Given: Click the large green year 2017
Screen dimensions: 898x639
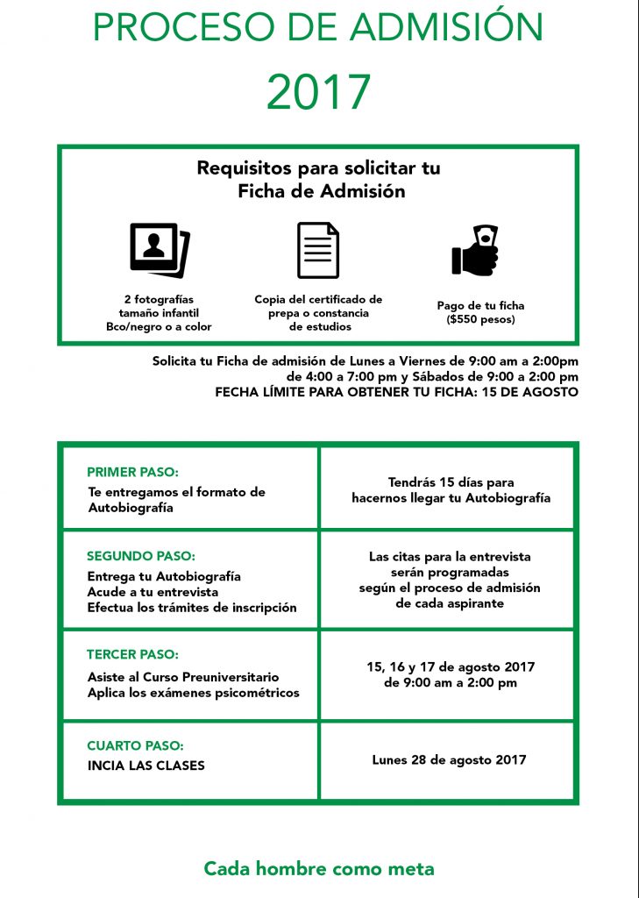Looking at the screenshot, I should pyautogui.click(x=318, y=91).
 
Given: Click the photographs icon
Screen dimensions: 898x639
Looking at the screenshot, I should pyautogui.click(x=159, y=249).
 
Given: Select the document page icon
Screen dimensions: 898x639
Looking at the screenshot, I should pyautogui.click(x=317, y=250).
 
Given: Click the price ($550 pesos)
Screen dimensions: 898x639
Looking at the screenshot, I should pyautogui.click(x=480, y=319).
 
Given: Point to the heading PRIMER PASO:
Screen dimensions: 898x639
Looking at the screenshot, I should pyautogui.click(x=133, y=472).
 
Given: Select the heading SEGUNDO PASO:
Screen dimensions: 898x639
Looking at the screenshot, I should pyautogui.click(x=140, y=556).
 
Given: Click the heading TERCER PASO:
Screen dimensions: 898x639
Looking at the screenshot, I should pyautogui.click(x=132, y=654).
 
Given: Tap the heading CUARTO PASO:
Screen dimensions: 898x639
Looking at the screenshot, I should pyautogui.click(x=135, y=745).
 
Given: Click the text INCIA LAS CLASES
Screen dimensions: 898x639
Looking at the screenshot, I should pyautogui.click(x=146, y=765).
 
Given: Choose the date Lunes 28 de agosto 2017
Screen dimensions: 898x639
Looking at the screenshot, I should pyautogui.click(x=449, y=759).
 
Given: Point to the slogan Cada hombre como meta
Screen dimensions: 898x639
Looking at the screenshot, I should pyautogui.click(x=319, y=869).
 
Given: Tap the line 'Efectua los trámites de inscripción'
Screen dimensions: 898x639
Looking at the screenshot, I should pyautogui.click(x=192, y=608).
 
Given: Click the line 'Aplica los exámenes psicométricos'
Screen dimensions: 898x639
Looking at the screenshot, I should pyautogui.click(x=194, y=693).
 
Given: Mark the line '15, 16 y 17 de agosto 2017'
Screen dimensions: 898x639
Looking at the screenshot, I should pyautogui.click(x=451, y=667).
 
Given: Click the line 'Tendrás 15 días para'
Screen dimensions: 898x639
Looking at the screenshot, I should pyautogui.click(x=451, y=482).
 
